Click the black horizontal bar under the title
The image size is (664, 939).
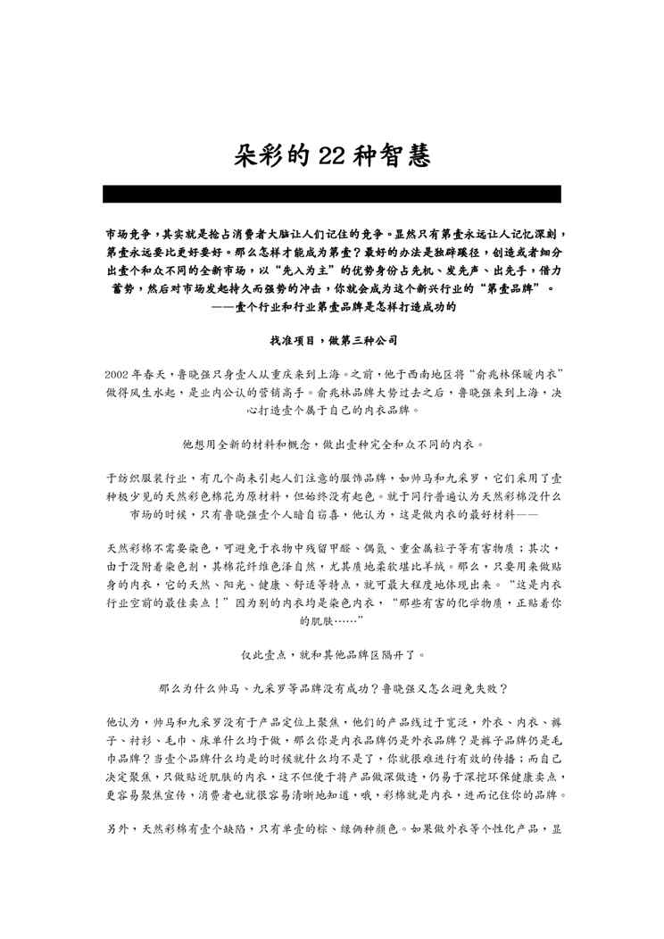[x=332, y=194]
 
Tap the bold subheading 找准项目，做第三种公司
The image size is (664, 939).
[x=331, y=341]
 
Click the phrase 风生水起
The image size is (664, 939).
[x=174, y=392]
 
